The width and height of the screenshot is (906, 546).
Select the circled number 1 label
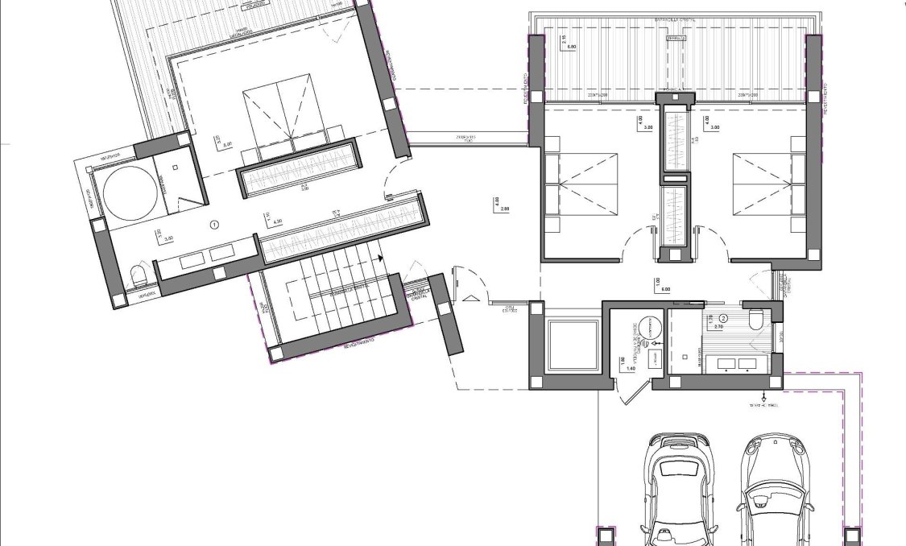[x=214, y=225]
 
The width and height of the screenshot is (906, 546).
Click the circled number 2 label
[x=722, y=317]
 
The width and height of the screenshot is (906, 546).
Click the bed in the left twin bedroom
[x=585, y=184]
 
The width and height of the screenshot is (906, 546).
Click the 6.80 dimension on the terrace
[x=573, y=48]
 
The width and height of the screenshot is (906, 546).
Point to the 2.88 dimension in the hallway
[x=505, y=209]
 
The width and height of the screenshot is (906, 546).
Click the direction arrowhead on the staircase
[x=379, y=259]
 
